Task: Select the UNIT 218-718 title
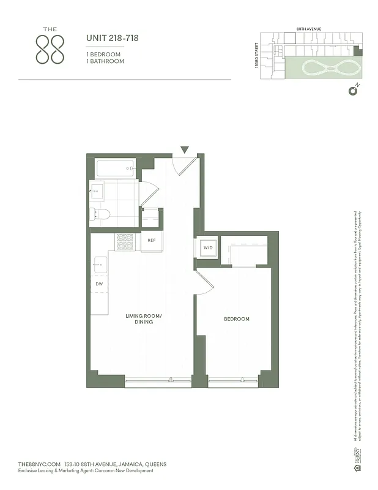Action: [113, 38]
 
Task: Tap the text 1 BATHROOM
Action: [105, 61]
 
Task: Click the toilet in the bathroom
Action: [99, 214]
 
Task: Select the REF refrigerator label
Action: [152, 240]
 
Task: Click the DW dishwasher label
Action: [98, 284]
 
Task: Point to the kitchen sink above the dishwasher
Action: [100, 266]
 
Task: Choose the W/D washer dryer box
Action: [206, 248]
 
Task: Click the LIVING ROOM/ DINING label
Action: [144, 318]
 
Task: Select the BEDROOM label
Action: [237, 318]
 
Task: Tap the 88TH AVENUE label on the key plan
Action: [309, 29]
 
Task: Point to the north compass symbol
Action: [352, 91]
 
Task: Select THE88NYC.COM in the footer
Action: [40, 464]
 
